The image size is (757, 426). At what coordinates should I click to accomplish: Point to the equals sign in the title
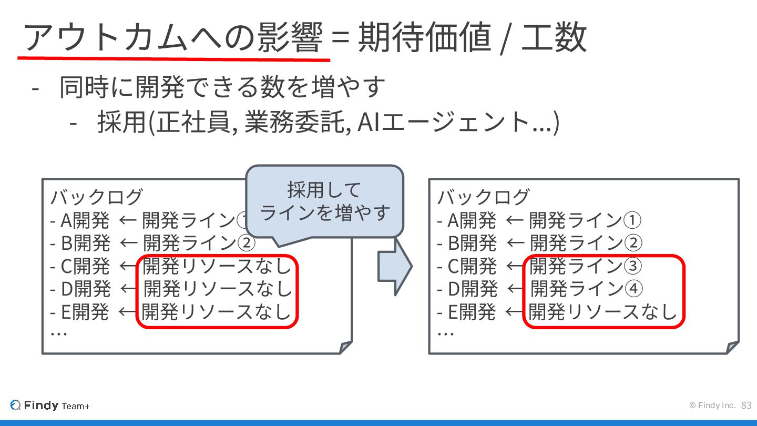(x=342, y=38)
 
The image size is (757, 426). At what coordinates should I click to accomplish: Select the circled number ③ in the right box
(x=632, y=266)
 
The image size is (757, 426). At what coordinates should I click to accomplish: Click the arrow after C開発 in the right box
(x=515, y=267)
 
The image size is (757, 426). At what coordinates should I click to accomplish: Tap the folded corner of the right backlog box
(x=732, y=348)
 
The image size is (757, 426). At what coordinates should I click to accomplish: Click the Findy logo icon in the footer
(x=16, y=405)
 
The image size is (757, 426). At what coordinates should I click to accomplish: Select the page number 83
(x=746, y=405)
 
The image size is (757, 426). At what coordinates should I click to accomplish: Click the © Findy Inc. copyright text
(x=712, y=405)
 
